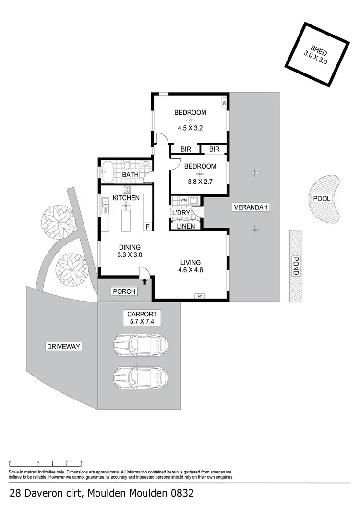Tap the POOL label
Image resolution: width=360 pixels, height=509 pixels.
click(322, 198)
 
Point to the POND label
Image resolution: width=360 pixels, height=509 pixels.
click(295, 266)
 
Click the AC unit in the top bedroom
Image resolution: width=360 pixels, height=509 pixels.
click(224, 103)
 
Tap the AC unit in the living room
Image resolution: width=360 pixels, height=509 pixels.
click(199, 296)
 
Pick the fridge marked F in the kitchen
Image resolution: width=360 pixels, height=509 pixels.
click(147, 227)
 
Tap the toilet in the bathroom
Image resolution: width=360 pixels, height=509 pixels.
click(127, 165)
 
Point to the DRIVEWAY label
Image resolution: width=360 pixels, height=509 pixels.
click(63, 346)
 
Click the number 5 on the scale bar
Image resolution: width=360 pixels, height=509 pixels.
click(81, 461)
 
